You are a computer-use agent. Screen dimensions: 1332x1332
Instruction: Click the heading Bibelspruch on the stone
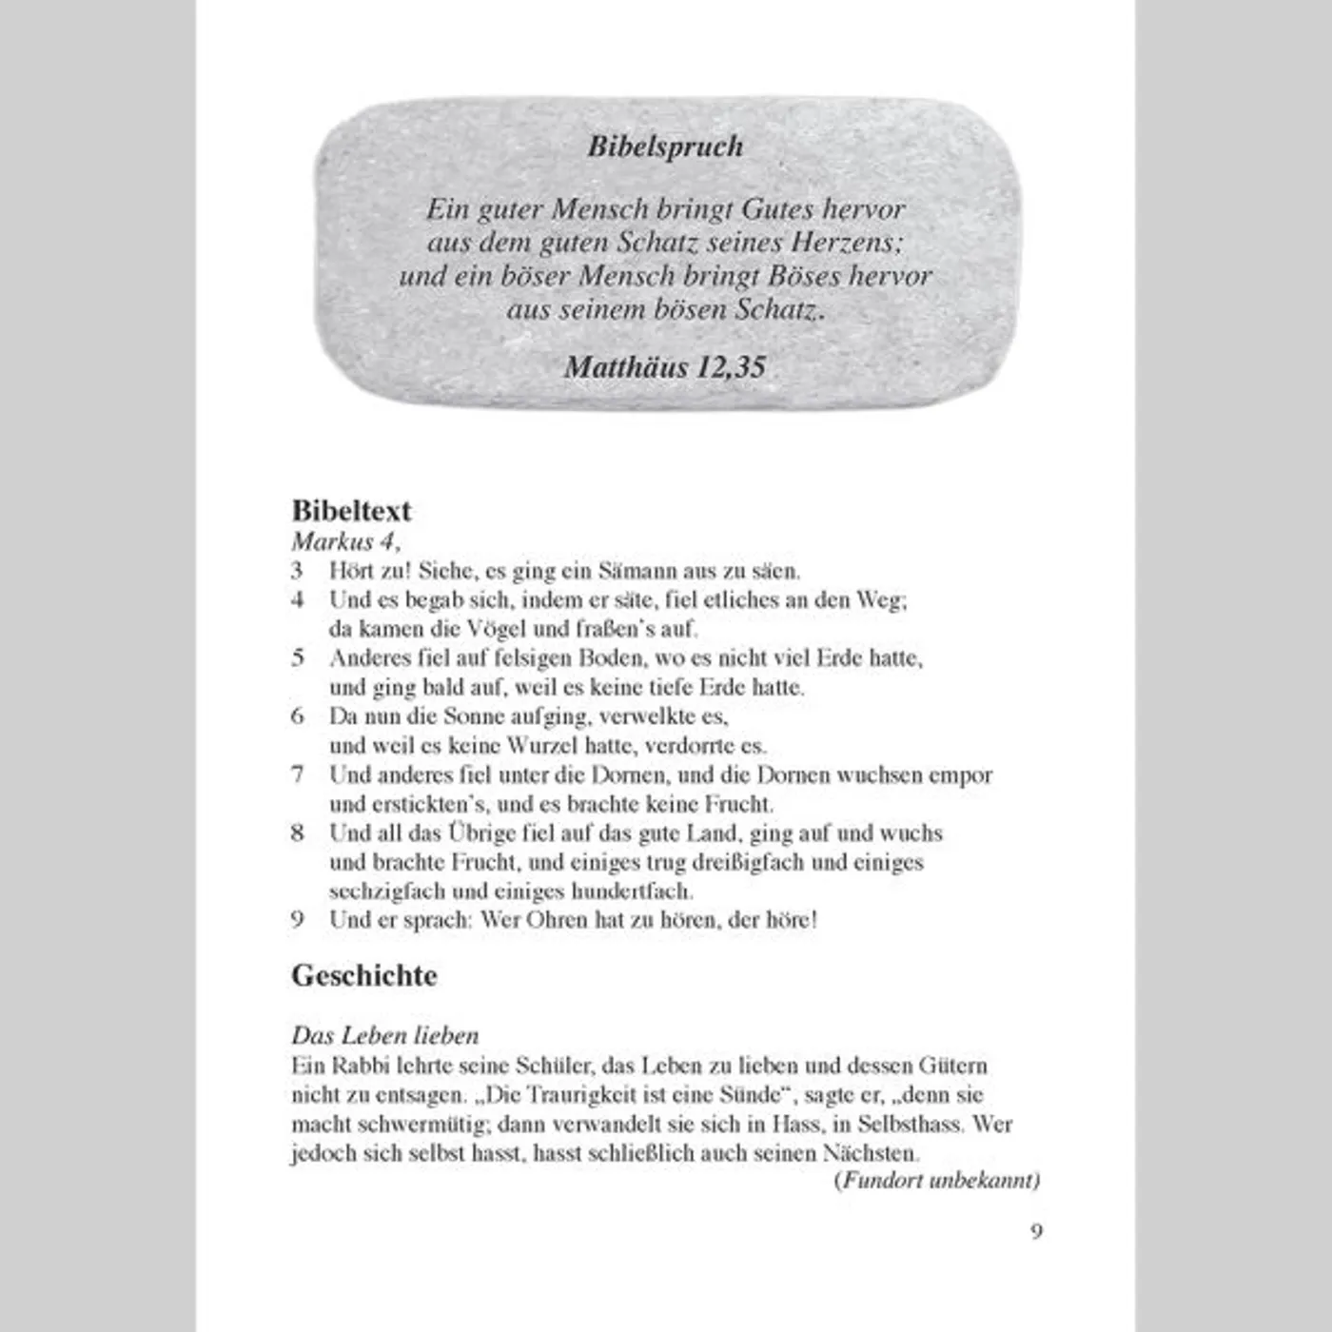[x=665, y=147]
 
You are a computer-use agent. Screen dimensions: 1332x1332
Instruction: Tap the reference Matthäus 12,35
[x=665, y=367]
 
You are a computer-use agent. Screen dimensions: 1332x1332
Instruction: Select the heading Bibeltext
[x=351, y=511]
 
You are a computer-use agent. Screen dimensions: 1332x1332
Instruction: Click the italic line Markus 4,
[x=345, y=541]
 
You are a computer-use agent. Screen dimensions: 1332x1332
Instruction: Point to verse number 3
[x=297, y=571]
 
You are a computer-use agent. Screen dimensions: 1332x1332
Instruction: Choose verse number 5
[x=298, y=657]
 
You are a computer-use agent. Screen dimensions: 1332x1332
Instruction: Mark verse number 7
[x=298, y=774]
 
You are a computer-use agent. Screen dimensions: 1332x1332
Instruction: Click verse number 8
[x=298, y=833]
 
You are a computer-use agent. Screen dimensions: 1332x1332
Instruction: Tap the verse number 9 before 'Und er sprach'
[x=298, y=920]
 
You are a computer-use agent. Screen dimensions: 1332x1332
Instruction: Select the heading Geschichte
[x=364, y=976]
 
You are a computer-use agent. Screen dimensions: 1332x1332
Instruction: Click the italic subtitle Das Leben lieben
[x=385, y=1035]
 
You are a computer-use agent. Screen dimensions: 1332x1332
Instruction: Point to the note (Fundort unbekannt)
[x=937, y=1181]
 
